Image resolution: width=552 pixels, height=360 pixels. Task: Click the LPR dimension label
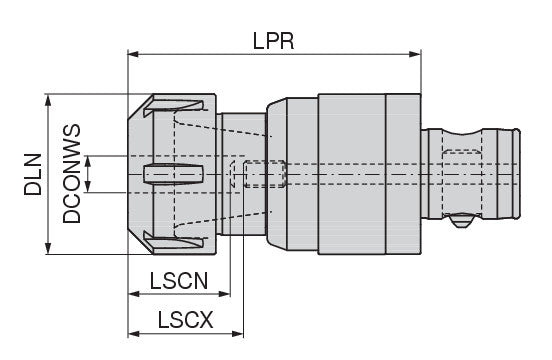(274, 41)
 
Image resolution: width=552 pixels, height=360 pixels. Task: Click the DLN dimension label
(33, 174)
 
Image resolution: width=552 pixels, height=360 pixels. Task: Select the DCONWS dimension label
(71, 174)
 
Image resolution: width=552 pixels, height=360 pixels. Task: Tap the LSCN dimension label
(179, 280)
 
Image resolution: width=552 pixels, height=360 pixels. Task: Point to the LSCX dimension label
(185, 320)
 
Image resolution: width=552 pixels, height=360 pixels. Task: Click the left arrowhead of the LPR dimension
(133, 54)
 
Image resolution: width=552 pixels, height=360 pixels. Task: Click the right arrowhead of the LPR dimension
(415, 54)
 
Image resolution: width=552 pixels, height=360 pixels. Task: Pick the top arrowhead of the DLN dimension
(48, 100)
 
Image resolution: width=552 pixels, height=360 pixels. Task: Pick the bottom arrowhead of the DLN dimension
(48, 248)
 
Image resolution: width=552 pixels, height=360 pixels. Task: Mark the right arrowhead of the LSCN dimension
(225, 293)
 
